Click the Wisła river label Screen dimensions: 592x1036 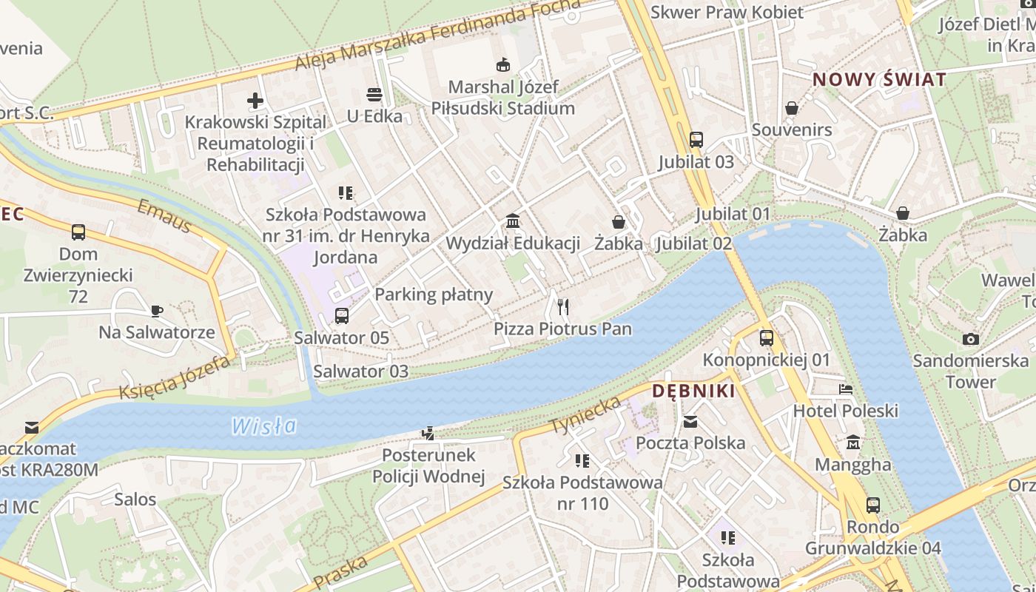263,426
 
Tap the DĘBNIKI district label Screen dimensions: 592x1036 693,391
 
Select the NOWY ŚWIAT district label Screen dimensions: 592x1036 879,80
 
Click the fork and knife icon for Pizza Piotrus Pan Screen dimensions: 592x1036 563,307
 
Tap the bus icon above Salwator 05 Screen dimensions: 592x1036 342,316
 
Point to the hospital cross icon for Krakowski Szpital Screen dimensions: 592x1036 255,101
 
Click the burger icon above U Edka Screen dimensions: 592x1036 374,95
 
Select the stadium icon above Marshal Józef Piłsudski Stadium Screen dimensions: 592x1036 503,65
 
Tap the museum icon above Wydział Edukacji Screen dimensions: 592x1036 512,221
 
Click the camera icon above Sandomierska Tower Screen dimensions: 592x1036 971,339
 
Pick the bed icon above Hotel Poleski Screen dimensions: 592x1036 845,389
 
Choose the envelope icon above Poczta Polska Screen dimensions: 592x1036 690,422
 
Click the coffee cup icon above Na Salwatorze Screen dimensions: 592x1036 157,311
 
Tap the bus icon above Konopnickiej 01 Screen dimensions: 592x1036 767,338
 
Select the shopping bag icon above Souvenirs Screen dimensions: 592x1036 792,108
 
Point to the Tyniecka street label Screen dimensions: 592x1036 585,415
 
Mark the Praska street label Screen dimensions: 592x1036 341,571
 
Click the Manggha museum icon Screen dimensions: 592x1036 853,443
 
